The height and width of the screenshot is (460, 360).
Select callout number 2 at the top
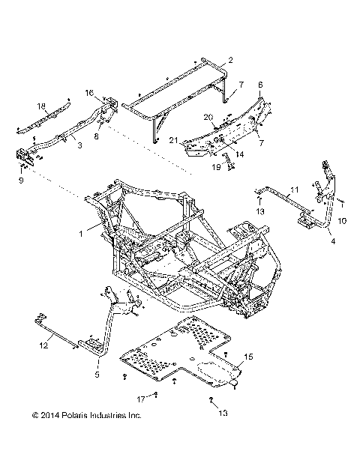point(230,59)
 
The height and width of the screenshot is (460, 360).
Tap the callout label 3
point(80,145)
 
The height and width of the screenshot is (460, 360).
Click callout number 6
point(260,86)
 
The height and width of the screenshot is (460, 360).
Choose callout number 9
point(21,181)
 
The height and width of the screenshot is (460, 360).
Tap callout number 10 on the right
point(343,221)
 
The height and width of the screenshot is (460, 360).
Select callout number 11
point(295,191)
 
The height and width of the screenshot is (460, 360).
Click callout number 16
point(109,94)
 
